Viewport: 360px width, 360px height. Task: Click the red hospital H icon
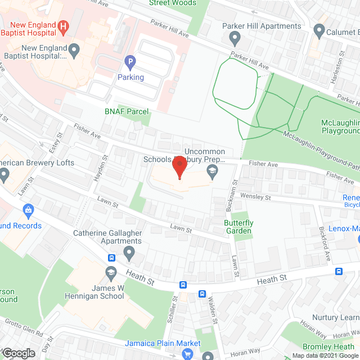64,25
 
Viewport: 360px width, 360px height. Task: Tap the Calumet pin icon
319,31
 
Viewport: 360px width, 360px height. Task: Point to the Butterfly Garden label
238,227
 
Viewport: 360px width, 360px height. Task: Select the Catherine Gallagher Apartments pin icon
130,254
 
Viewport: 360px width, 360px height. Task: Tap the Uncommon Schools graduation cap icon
212,169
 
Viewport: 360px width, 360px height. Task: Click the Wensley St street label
255,197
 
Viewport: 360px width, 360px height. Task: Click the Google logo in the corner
19,353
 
